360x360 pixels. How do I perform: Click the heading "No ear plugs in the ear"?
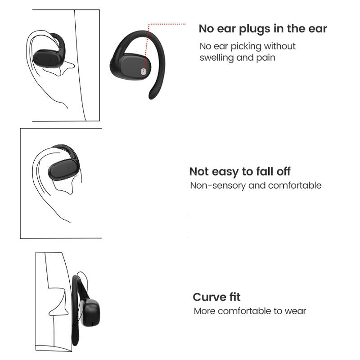[x=263, y=29]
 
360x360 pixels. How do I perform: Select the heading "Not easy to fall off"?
[x=240, y=171]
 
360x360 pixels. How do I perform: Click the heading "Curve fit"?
[x=216, y=297]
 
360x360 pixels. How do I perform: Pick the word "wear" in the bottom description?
[x=295, y=311]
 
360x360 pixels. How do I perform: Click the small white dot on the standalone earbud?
[x=144, y=71]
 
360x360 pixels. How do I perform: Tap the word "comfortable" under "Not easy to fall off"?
[x=295, y=185]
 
